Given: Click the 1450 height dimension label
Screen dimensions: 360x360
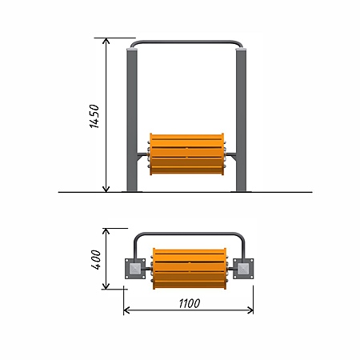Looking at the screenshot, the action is [94, 116].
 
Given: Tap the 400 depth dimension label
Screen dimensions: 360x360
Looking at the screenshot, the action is [96, 259].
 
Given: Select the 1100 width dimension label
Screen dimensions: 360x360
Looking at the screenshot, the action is [190, 303].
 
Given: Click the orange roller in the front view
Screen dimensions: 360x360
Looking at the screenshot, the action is [186, 154].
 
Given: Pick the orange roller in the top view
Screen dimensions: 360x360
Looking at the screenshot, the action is [190, 269].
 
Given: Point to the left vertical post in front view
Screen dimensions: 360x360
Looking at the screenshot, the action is [132, 121].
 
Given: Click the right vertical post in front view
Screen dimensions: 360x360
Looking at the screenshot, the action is [241, 121].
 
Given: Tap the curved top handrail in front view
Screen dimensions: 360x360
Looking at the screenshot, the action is [186, 42].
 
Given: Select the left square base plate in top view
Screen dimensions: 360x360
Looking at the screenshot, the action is [135, 269].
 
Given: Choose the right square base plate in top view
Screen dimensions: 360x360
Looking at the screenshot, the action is [243, 269].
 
